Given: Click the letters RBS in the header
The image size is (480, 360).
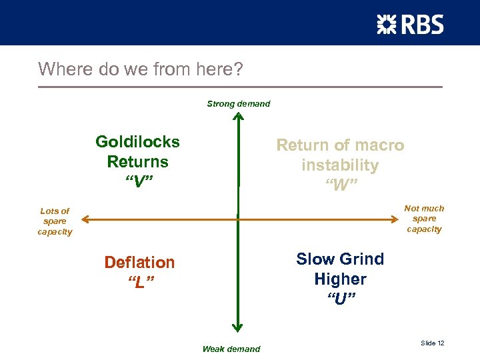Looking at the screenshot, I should [421, 25].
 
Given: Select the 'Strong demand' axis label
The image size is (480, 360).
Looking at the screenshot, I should [238, 104].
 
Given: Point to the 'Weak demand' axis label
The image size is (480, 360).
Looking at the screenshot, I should [231, 349].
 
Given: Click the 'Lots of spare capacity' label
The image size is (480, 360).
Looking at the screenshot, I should [55, 221].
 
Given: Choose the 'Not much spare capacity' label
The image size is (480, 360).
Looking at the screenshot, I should [424, 219].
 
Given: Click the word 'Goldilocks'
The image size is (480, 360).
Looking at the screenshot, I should [137, 142].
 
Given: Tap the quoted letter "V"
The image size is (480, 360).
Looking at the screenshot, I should [137, 181].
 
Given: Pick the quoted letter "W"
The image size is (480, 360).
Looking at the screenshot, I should [340, 185].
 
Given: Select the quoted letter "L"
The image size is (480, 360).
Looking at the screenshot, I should [140, 282].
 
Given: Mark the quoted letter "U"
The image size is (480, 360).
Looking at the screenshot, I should [340, 299].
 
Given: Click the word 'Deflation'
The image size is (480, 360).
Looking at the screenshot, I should [139, 263].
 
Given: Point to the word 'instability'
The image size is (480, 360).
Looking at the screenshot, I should [340, 165].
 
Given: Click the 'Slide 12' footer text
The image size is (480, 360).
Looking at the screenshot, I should [433, 343].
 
